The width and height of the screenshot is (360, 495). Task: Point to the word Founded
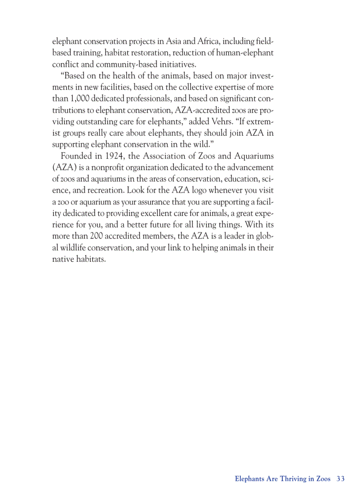tap(75, 156)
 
